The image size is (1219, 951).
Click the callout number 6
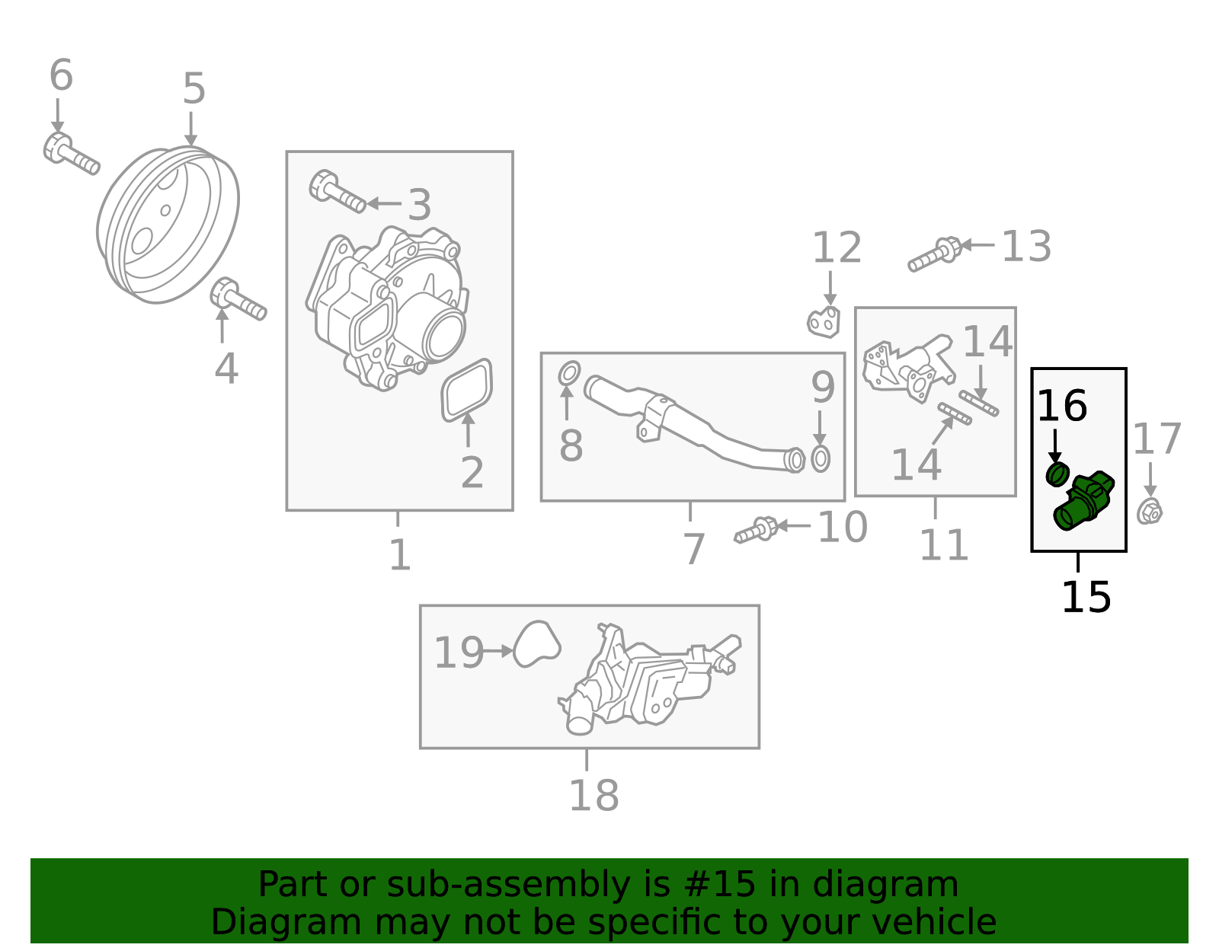61,76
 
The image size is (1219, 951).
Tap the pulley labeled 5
168,225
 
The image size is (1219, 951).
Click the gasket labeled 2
467,390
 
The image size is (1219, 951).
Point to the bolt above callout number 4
238,300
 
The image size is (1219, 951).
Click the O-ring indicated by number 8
568,374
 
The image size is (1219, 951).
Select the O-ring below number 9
821,459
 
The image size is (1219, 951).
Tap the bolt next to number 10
756,530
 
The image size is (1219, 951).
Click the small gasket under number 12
824,323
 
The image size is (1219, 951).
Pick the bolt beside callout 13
934,254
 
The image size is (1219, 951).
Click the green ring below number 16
1056,474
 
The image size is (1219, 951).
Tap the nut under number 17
1150,511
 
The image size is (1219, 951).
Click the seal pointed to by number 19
537,644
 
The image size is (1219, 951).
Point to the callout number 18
594,796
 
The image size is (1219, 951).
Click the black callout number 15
1086,597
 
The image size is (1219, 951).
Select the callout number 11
943,545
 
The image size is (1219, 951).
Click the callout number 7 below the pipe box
693,549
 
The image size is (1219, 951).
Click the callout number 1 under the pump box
399,555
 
